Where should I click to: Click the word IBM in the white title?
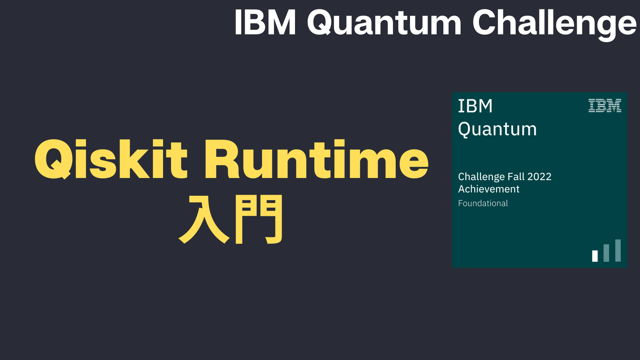(x=265, y=22)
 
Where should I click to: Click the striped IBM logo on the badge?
(x=605, y=105)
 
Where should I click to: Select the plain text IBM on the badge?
(x=475, y=106)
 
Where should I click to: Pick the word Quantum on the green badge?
(x=497, y=129)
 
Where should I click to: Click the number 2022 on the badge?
(x=539, y=176)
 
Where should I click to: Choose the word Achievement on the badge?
(x=489, y=189)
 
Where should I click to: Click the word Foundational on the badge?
(x=483, y=203)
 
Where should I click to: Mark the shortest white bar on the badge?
(x=595, y=256)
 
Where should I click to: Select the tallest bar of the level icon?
(x=618, y=250)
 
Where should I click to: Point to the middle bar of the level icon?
(x=606, y=253)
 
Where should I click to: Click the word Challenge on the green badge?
(x=481, y=177)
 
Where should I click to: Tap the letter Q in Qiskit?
(x=53, y=159)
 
